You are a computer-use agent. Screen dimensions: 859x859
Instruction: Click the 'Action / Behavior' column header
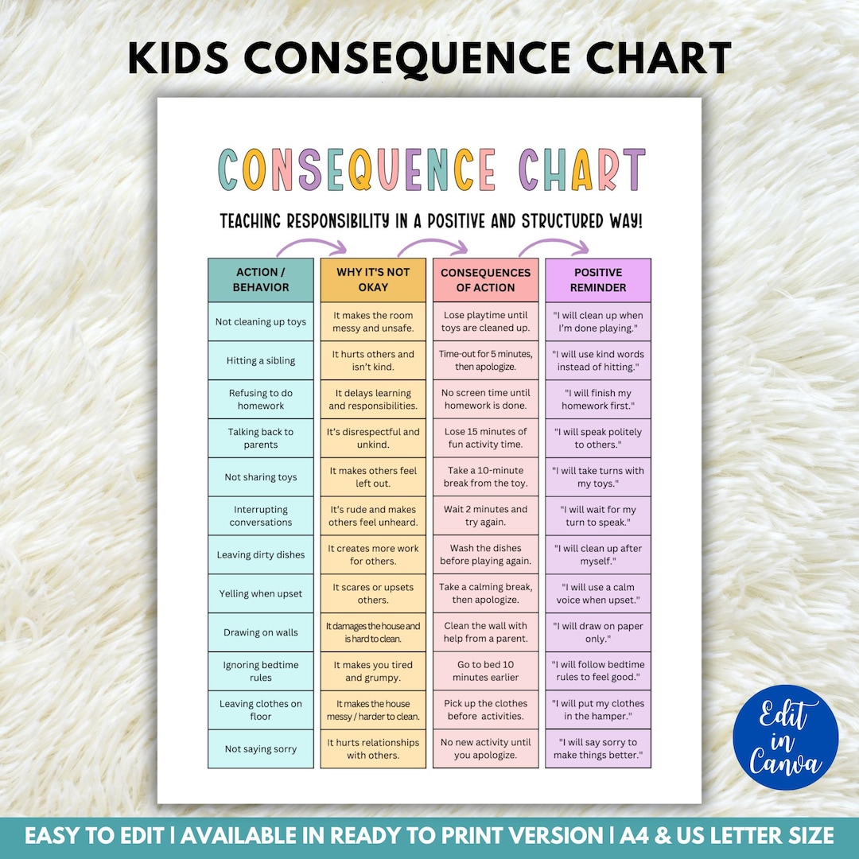point(261,280)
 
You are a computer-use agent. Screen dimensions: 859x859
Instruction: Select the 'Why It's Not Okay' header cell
point(373,280)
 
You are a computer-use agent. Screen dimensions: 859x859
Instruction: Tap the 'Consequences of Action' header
point(485,280)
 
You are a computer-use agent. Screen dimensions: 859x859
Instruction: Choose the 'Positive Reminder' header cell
point(598,280)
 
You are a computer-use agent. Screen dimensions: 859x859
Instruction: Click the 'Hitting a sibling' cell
point(261,360)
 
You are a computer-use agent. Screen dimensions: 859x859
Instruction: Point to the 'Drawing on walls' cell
point(261,632)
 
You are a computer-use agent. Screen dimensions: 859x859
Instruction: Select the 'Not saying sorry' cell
point(261,749)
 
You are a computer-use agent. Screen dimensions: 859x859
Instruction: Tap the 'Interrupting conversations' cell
point(261,516)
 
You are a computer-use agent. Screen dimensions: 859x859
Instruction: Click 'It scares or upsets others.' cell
point(373,593)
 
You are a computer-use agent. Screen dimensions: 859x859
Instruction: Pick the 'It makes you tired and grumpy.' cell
point(373,671)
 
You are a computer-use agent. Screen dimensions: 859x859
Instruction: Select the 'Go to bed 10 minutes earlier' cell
point(485,671)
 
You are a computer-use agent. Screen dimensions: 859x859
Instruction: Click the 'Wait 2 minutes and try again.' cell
point(485,516)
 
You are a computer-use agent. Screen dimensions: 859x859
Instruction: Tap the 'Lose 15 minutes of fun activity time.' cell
point(485,438)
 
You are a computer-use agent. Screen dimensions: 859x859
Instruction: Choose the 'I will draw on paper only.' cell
point(598,632)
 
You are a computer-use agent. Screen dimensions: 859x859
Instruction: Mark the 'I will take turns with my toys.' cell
point(598,477)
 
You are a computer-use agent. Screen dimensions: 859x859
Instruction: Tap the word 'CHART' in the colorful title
point(581,169)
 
